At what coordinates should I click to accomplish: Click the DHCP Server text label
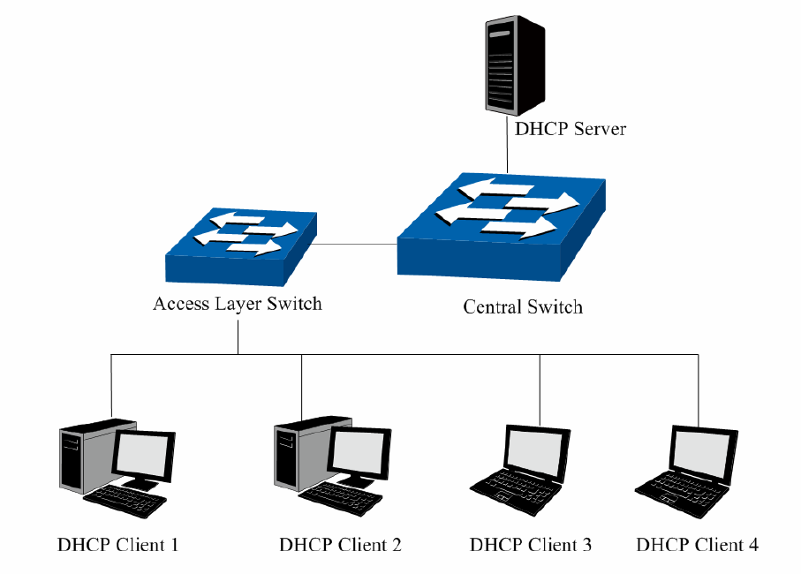coord(571,129)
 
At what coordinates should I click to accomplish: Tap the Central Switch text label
coord(523,307)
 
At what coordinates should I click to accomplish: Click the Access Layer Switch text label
coord(237,304)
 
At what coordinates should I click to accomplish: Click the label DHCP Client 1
coord(117,545)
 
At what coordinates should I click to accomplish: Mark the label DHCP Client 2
coord(340,545)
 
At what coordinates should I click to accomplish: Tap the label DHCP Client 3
coord(531,545)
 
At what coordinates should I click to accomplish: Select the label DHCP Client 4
coord(697,545)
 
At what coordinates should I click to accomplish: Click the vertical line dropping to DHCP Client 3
coord(540,389)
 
